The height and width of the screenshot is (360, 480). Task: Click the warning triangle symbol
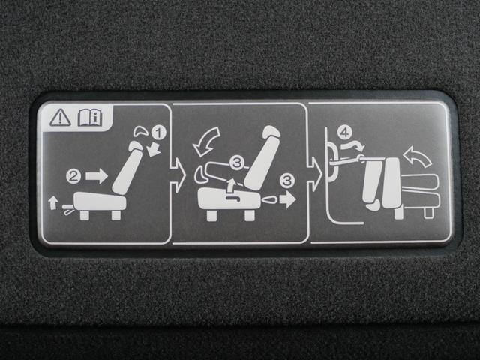pyautogui.click(x=60, y=118)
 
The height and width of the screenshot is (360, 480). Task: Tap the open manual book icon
pyautogui.click(x=90, y=118)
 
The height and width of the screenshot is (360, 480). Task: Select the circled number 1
pyautogui.click(x=158, y=133)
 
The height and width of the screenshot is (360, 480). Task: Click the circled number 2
pyautogui.click(x=73, y=177)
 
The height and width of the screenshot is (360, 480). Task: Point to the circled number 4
pyautogui.click(x=345, y=133)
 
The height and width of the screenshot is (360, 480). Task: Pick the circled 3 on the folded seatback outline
pyautogui.click(x=237, y=163)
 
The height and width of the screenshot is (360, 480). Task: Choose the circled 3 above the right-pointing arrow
pyautogui.click(x=287, y=181)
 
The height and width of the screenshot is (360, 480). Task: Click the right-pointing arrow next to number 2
pyautogui.click(x=97, y=176)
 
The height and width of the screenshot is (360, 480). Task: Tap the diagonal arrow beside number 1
pyautogui.click(x=154, y=150)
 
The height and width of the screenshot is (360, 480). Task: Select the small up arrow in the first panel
pyautogui.click(x=53, y=203)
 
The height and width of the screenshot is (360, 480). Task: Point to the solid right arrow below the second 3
pyautogui.click(x=287, y=200)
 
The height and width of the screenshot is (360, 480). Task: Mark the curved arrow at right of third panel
pyautogui.click(x=418, y=156)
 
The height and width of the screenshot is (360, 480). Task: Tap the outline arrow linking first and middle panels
pyautogui.click(x=178, y=175)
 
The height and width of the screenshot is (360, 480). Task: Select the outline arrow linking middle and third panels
pyautogui.click(x=314, y=175)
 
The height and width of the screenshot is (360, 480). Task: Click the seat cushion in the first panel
pyautogui.click(x=100, y=202)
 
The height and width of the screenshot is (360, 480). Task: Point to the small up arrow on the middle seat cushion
pyautogui.click(x=232, y=185)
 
